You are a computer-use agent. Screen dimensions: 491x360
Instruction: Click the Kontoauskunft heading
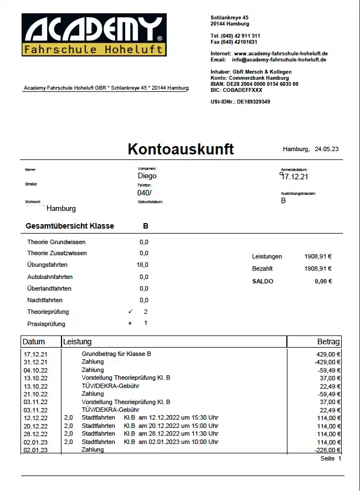click(181, 149)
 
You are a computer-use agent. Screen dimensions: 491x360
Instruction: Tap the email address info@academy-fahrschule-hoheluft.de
click(279, 60)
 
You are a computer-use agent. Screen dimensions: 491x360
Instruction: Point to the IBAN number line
click(254, 84)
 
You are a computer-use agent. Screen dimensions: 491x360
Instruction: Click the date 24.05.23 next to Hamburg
click(326, 149)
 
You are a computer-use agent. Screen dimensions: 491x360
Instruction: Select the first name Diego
click(147, 176)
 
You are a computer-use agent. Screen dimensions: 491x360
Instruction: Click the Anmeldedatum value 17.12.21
click(295, 177)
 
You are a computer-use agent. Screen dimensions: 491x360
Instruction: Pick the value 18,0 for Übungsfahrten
click(142, 265)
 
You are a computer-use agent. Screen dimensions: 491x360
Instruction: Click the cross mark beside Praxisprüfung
click(130, 323)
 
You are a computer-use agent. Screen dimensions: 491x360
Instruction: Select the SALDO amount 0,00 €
click(323, 281)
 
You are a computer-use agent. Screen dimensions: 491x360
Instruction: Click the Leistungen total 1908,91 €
click(318, 257)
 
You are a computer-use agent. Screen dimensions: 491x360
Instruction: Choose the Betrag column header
click(328, 342)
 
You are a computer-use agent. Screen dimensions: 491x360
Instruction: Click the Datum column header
click(34, 342)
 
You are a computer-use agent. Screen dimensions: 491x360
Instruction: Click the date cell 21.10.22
click(35, 394)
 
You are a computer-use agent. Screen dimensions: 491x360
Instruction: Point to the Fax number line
click(234, 42)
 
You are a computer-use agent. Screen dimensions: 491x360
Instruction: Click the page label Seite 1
click(331, 459)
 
